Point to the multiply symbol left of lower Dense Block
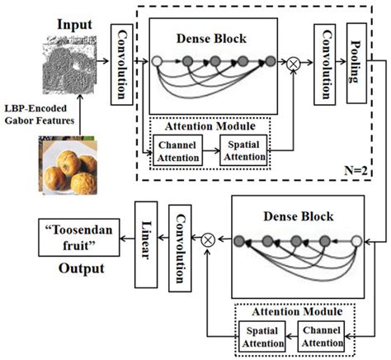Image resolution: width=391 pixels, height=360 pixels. tap(208, 240)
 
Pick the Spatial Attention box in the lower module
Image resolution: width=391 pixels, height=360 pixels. tap(262, 336)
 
